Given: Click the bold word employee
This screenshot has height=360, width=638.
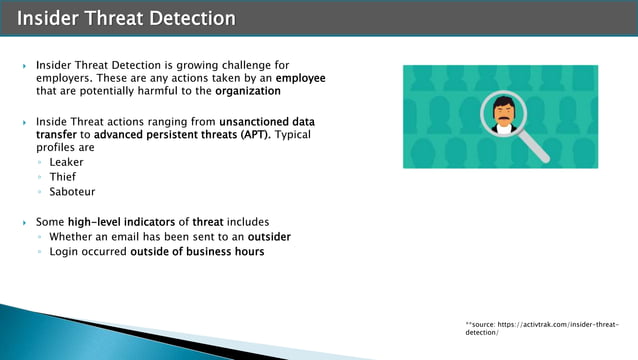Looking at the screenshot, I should pos(300,77).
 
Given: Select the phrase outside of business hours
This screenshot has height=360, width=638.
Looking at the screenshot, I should pos(197,251).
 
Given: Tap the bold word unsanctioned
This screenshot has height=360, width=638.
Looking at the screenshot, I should pos(251,120).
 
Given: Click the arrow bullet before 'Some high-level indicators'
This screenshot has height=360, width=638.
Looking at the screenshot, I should pos(25,222).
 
